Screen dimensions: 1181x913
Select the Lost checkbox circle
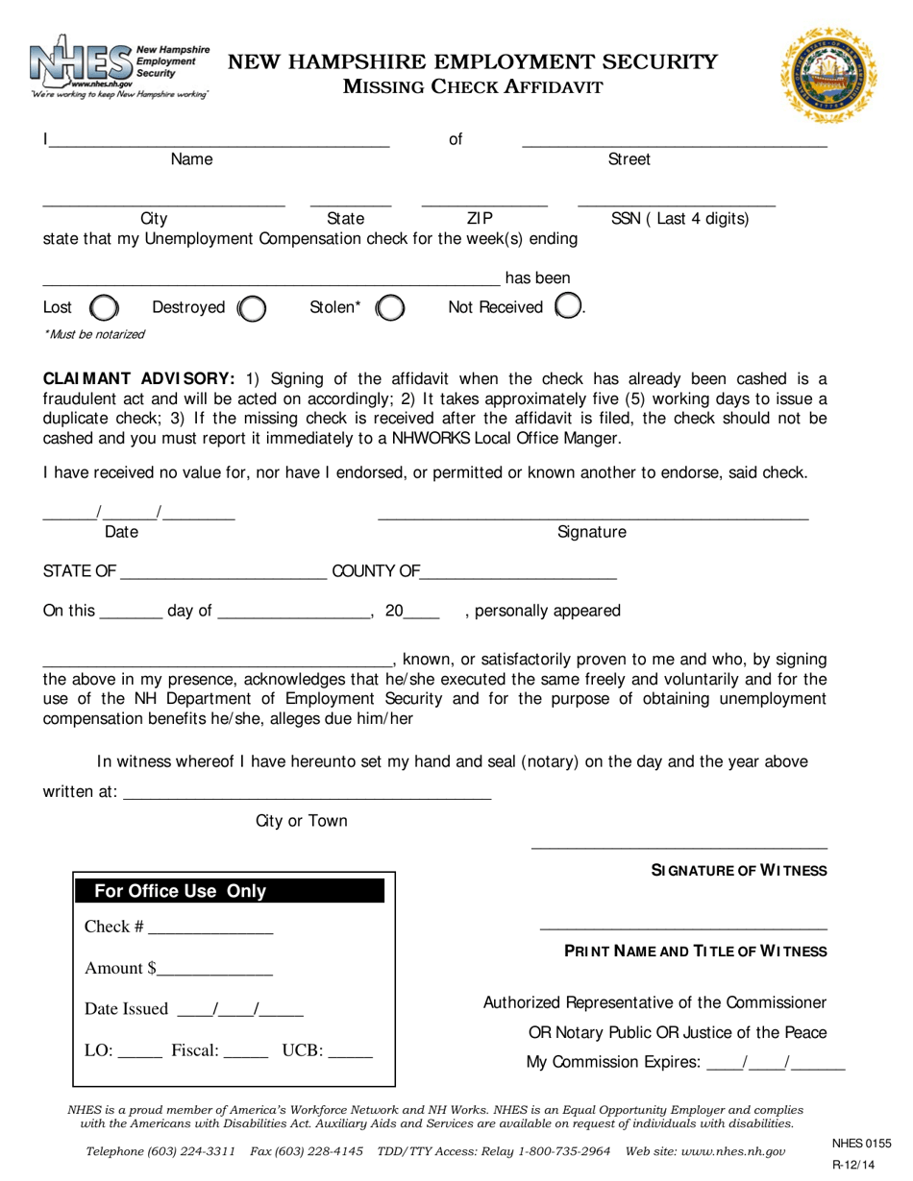pos(104,308)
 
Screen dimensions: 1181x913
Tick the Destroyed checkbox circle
pos(252,308)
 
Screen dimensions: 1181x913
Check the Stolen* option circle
pos(389,308)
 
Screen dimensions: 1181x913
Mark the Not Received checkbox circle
pos(569,307)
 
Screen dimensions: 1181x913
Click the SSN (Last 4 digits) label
pos(679,219)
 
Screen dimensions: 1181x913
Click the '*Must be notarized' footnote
pos(94,334)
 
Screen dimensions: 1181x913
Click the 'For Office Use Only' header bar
pos(231,891)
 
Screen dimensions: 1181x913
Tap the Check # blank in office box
pos(210,928)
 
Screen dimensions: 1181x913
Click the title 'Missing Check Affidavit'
pos(474,87)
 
